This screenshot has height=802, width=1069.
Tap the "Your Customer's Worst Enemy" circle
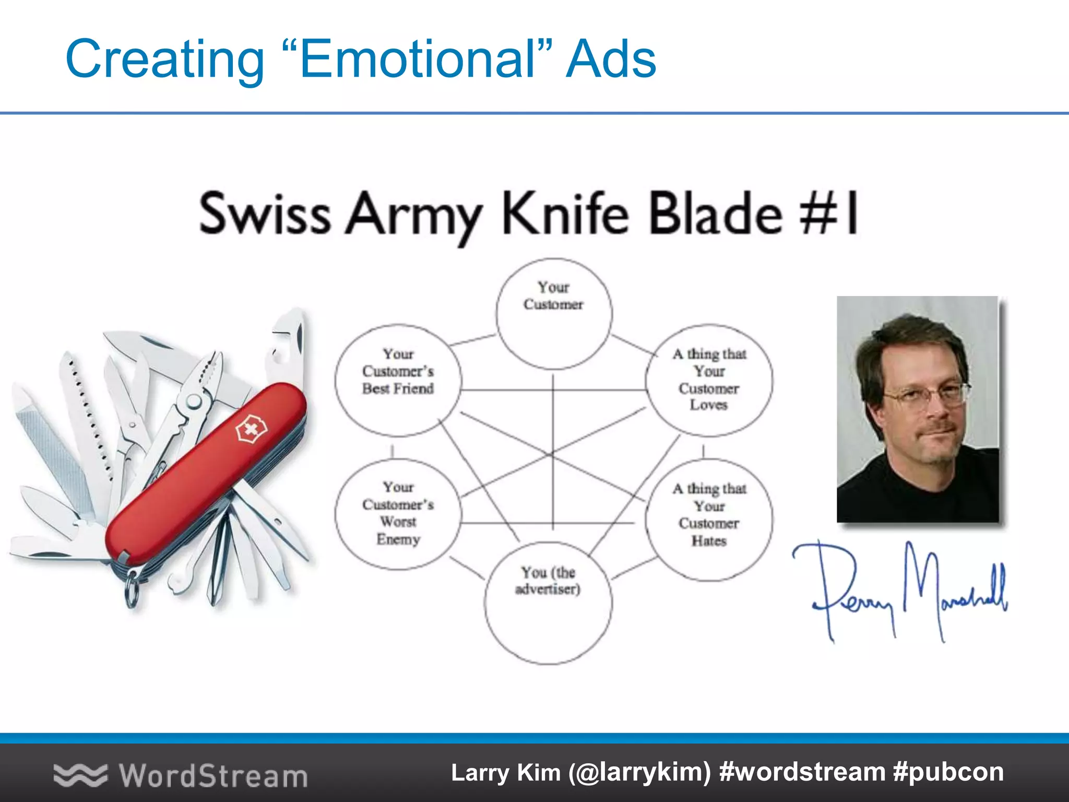click(x=398, y=514)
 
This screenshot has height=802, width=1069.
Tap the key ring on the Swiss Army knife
click(x=132, y=590)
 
